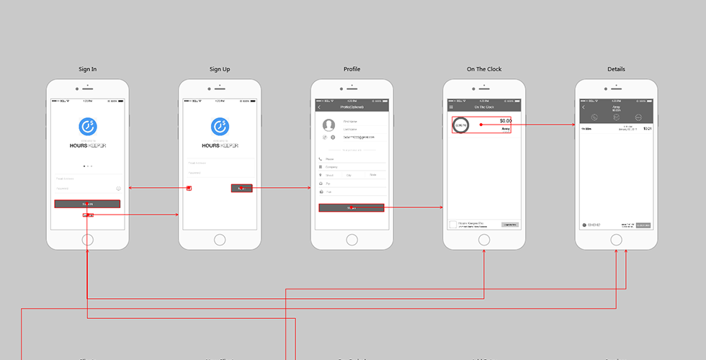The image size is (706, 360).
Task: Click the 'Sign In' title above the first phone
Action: point(88,69)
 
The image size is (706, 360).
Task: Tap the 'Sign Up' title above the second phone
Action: point(220,69)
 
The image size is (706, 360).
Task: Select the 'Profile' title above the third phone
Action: point(352,69)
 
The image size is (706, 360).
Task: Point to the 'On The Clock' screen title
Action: point(484,69)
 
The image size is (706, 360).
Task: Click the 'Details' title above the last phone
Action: point(616,69)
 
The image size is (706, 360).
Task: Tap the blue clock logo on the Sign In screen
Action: point(88,127)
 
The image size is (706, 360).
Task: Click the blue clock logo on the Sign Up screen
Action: point(220,127)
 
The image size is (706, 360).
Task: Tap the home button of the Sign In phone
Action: point(88,240)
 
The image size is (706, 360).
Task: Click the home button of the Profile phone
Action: point(352,240)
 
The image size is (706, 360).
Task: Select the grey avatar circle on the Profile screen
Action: point(329,125)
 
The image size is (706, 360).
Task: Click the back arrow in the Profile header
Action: point(319,107)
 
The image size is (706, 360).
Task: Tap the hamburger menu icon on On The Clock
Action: point(452,107)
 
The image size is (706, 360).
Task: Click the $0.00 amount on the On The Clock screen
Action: point(505,120)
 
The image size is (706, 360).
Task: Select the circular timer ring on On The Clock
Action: point(460,125)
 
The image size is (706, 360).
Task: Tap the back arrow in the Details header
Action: point(584,107)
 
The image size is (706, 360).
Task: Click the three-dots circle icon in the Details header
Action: point(638,117)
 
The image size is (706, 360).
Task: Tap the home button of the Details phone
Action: point(616,240)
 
